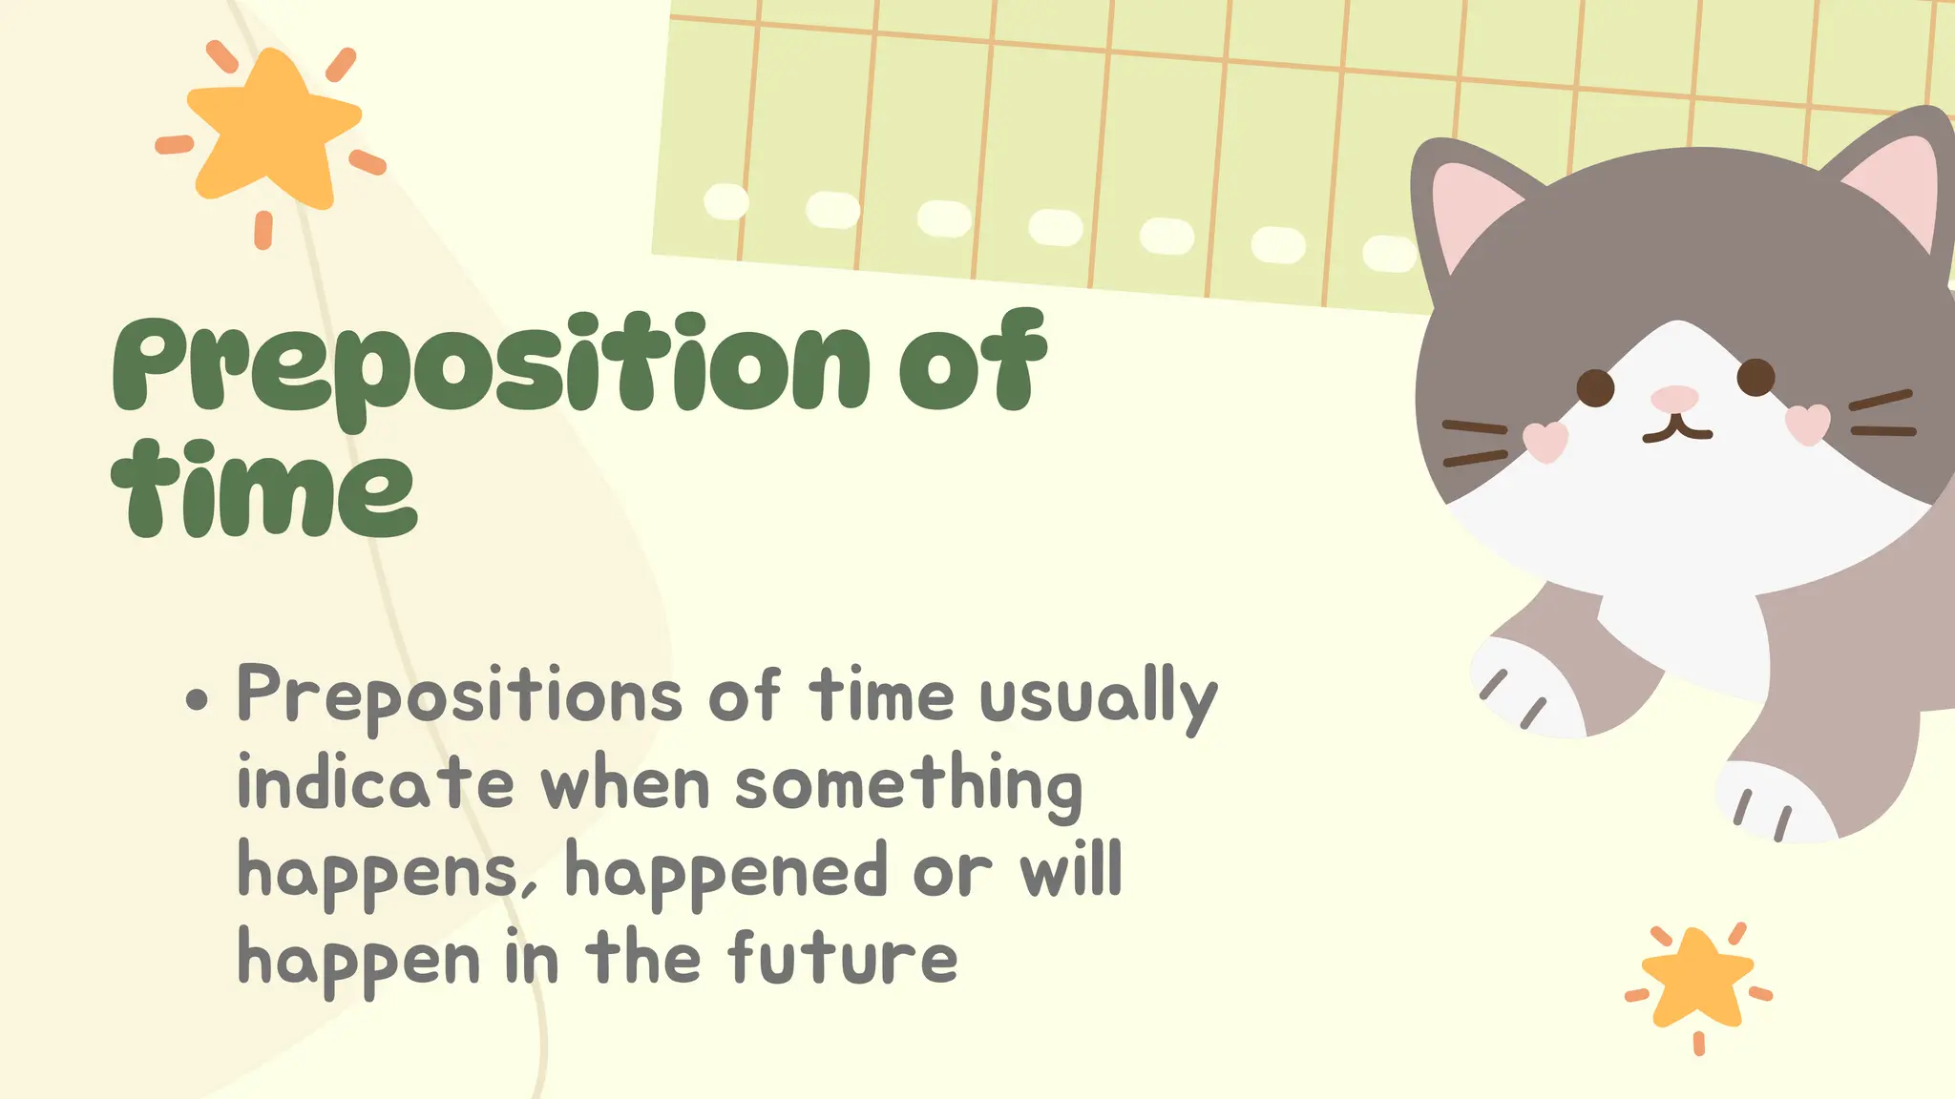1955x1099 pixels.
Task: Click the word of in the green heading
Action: point(972,363)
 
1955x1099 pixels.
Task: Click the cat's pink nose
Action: point(1674,398)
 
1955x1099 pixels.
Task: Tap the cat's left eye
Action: point(1595,388)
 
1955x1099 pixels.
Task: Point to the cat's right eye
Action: point(1755,377)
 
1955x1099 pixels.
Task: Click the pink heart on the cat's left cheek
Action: point(1545,441)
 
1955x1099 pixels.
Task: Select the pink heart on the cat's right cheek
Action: point(1807,424)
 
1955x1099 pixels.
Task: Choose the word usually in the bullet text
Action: point(1098,696)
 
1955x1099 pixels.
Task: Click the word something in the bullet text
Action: point(909,785)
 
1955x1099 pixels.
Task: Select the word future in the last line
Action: point(843,958)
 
